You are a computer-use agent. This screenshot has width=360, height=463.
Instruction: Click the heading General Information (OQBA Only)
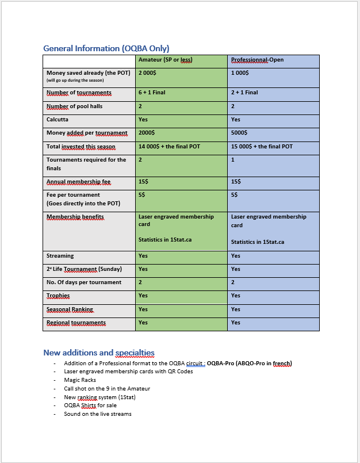[x=106, y=48]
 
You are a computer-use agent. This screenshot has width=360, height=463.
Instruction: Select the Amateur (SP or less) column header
[x=165, y=60]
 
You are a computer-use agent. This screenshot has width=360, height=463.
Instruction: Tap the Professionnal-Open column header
[x=257, y=60]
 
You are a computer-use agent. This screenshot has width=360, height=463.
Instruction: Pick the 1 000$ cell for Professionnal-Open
[x=240, y=74]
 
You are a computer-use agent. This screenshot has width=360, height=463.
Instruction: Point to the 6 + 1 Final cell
[x=152, y=93]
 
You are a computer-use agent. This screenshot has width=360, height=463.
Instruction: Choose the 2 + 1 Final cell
[x=244, y=93]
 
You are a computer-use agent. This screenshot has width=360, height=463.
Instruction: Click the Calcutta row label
[x=58, y=120]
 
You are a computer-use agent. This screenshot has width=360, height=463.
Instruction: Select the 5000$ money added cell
[x=239, y=133]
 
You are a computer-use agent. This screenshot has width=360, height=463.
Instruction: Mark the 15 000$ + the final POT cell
[x=262, y=147]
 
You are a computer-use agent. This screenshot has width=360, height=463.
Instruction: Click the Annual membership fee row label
[x=78, y=182]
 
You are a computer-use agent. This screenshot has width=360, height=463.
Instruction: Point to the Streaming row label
[x=60, y=256]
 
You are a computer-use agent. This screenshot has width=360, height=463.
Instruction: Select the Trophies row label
[x=58, y=296]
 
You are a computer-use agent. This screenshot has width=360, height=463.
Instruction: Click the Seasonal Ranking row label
[x=70, y=309]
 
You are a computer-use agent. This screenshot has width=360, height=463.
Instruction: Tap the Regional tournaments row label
[x=76, y=323]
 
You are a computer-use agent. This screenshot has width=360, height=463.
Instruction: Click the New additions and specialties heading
[x=99, y=353]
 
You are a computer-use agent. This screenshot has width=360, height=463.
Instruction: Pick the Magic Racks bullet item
[x=80, y=380]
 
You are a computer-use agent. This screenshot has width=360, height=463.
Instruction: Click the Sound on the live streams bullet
[x=98, y=414]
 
